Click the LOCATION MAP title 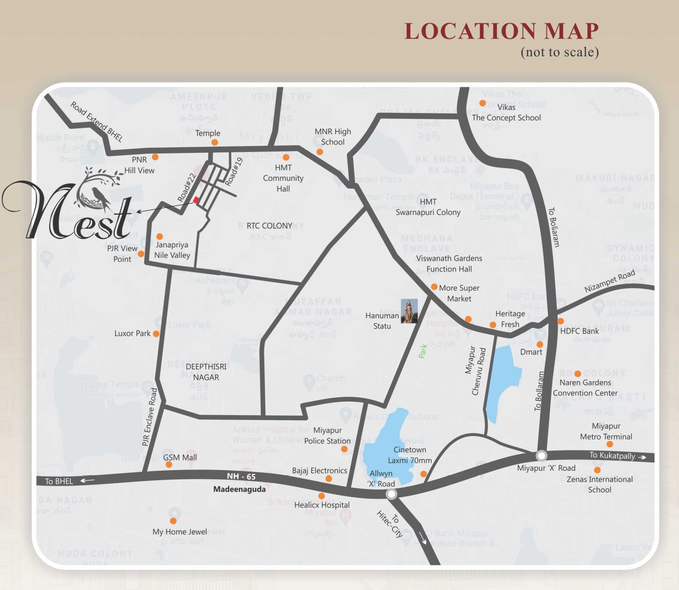501,31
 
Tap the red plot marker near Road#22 196,200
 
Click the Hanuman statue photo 409,311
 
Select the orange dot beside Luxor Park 156,334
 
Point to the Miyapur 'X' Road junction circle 541,456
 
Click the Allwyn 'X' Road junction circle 391,494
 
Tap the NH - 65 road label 241,476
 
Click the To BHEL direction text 59,481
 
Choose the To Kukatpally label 612,456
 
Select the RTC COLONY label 269,226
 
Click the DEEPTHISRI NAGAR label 206,372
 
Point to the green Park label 423,351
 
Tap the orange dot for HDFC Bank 561,321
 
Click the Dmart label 531,352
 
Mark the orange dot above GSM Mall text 169,465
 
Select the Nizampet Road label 610,281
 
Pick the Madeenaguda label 239,489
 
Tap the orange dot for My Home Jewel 173,521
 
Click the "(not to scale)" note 559,52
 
